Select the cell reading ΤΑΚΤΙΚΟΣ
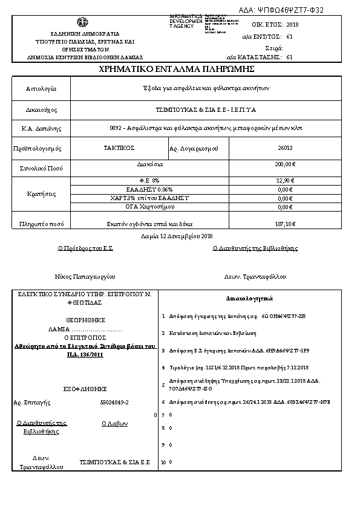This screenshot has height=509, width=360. point(119,148)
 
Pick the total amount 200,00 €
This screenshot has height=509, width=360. point(285,164)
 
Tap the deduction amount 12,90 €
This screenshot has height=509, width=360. point(285,180)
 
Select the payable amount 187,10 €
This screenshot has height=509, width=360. point(285,224)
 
